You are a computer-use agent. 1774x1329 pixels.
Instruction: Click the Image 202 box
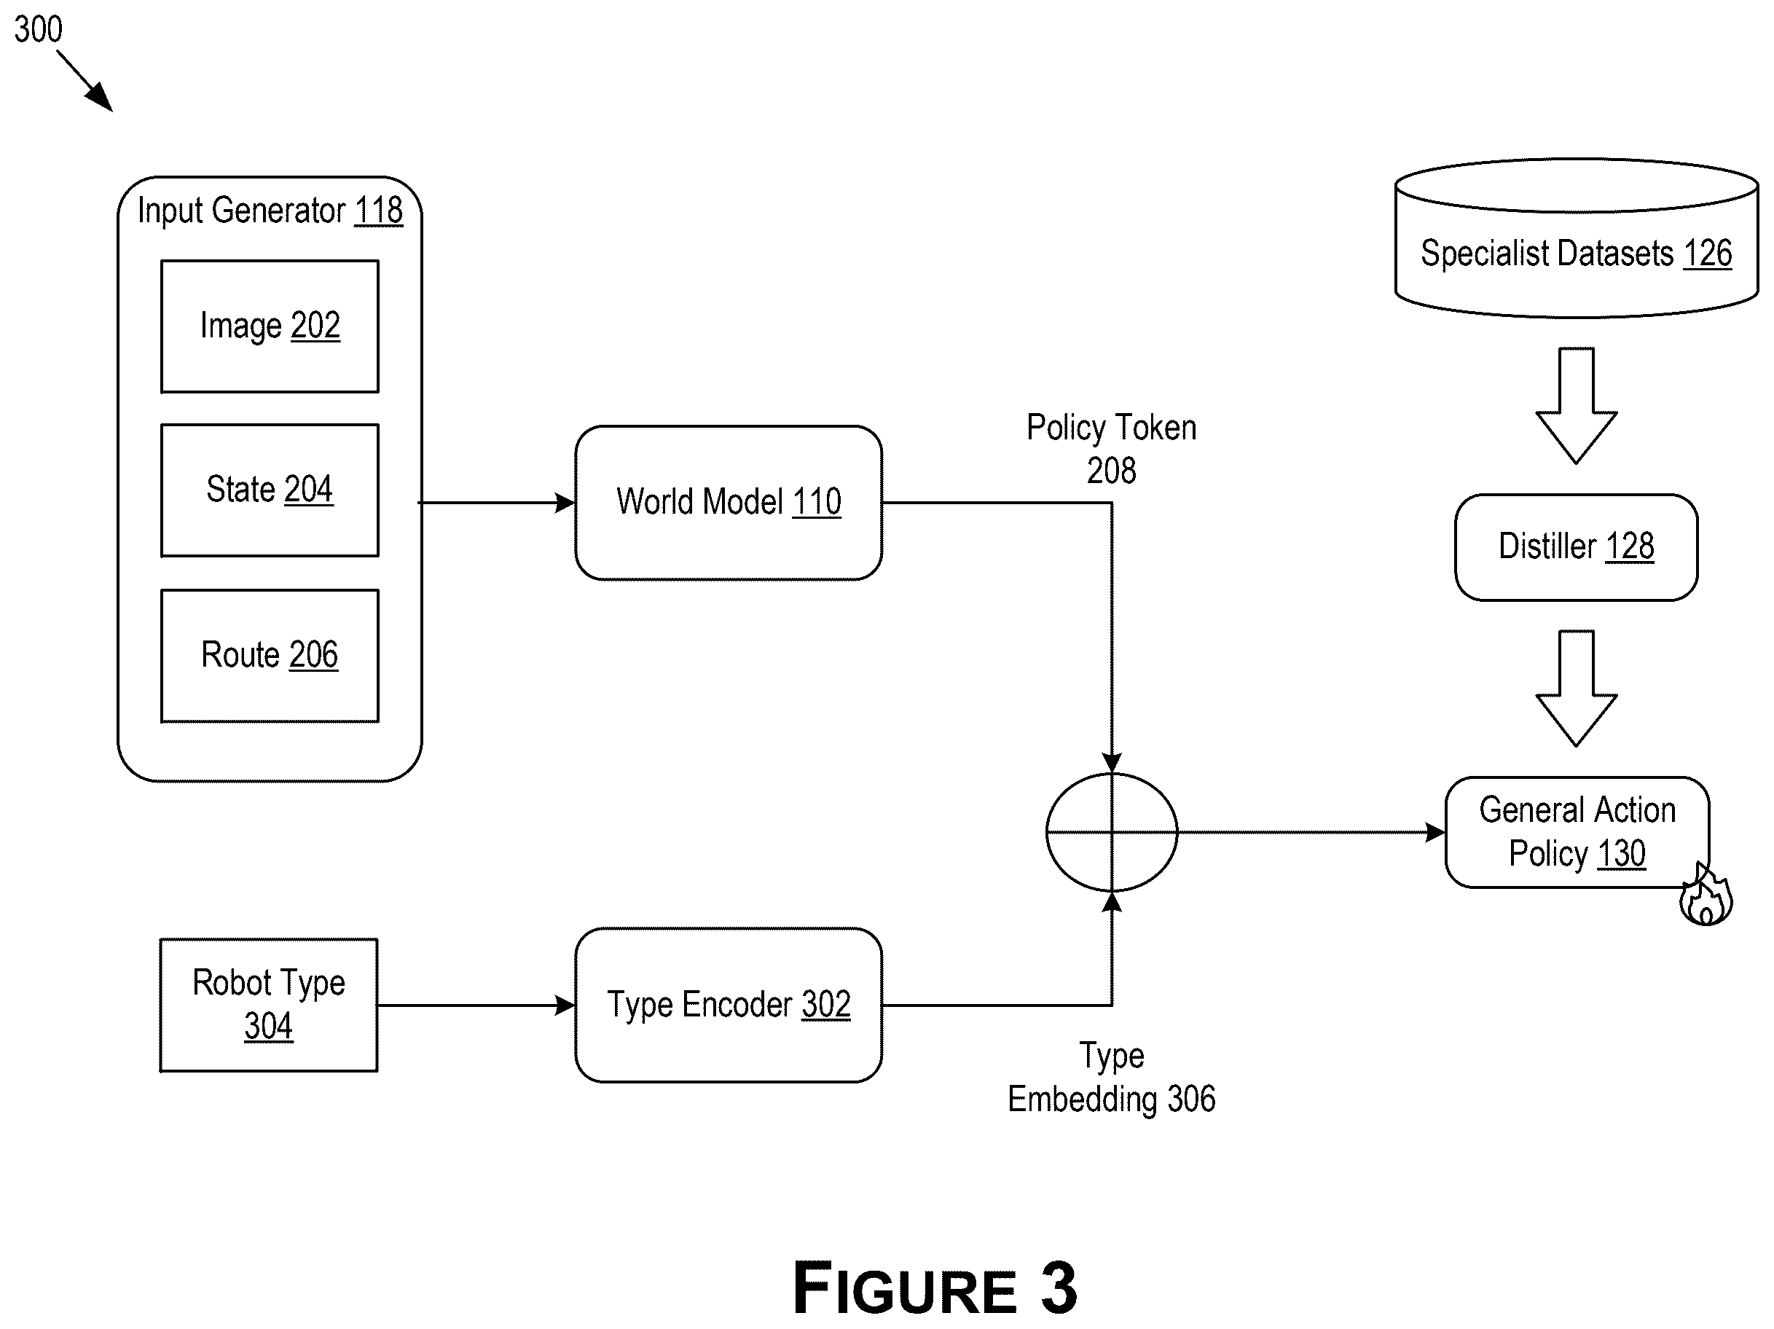(x=270, y=326)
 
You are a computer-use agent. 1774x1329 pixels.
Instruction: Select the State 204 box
(x=270, y=490)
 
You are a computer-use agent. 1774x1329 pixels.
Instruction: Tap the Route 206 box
(x=270, y=656)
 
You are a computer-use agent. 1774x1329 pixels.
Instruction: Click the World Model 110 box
(x=729, y=503)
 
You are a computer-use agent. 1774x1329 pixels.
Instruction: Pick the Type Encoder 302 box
(x=729, y=1005)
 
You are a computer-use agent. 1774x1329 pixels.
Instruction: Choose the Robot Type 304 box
(x=269, y=1005)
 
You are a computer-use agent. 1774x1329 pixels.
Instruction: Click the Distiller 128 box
(x=1576, y=547)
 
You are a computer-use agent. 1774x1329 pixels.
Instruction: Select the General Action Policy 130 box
(x=1577, y=832)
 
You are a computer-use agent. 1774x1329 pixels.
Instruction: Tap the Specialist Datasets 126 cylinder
(x=1576, y=238)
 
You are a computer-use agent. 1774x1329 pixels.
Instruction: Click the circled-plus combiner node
(x=1112, y=832)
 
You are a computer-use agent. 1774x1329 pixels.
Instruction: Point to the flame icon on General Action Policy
(x=1706, y=896)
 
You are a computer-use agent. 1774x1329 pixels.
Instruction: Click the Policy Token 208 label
(x=1112, y=448)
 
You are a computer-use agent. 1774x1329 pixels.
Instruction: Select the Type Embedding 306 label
(x=1112, y=1077)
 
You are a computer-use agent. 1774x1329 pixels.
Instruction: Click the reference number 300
(x=38, y=30)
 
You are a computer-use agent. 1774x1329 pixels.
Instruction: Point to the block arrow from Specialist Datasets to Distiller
(x=1576, y=406)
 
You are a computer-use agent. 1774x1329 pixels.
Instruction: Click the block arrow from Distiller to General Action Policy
(x=1576, y=688)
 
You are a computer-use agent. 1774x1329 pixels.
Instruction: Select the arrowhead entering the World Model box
(x=565, y=503)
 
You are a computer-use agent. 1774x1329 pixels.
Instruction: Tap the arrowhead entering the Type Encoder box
(x=565, y=1005)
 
